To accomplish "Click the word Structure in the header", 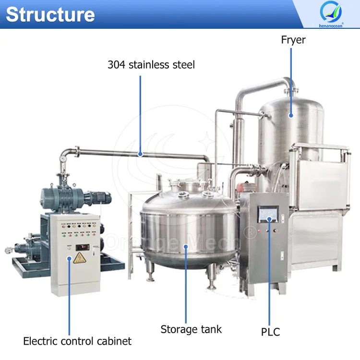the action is pyautogui.click(x=50, y=14).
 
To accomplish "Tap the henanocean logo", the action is pyautogui.click(x=331, y=14).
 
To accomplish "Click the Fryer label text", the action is pyautogui.click(x=293, y=40).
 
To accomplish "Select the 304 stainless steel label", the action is pyautogui.click(x=151, y=65).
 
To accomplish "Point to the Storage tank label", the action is pyautogui.click(x=191, y=329).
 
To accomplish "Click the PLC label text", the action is pyautogui.click(x=270, y=332).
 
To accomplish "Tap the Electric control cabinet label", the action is pyautogui.click(x=77, y=341).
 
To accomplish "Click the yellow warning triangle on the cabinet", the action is pyautogui.click(x=79, y=258).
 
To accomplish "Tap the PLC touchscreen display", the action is pyautogui.click(x=268, y=215).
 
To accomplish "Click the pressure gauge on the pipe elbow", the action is pyautogui.click(x=63, y=159).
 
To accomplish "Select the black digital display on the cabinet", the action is pyautogui.click(x=83, y=247).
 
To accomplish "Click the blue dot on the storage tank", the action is pyautogui.click(x=186, y=247).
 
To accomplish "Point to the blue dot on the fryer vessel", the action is pyautogui.click(x=291, y=116).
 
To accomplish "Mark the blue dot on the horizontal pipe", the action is pyautogui.click(x=140, y=154).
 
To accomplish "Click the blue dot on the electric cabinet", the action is pyautogui.click(x=69, y=259).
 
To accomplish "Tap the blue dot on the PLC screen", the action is pyautogui.click(x=269, y=219).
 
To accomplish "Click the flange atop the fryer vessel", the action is pyautogui.click(x=291, y=90).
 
